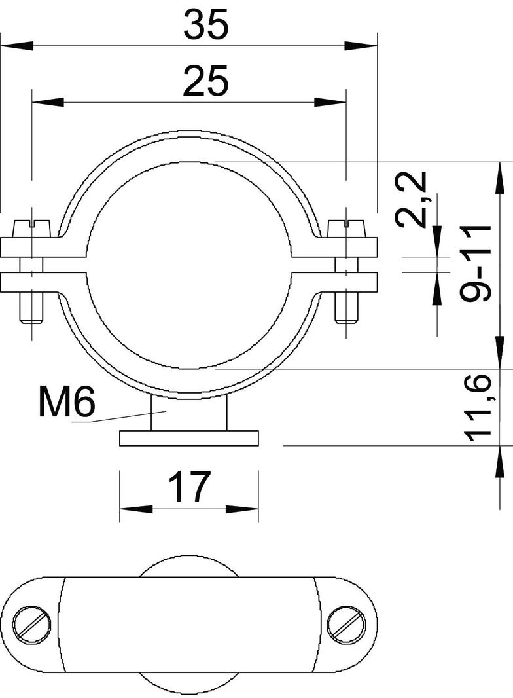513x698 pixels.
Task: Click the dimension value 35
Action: click(205, 26)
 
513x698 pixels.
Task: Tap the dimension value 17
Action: click(188, 487)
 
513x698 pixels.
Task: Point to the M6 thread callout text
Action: click(67, 402)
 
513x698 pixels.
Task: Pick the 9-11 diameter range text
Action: click(476, 262)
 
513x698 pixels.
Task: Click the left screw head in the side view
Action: click(31, 226)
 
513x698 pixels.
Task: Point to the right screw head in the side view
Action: click(347, 226)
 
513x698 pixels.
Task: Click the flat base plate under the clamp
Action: click(190, 438)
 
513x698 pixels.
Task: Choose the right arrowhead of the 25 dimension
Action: click(330, 102)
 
